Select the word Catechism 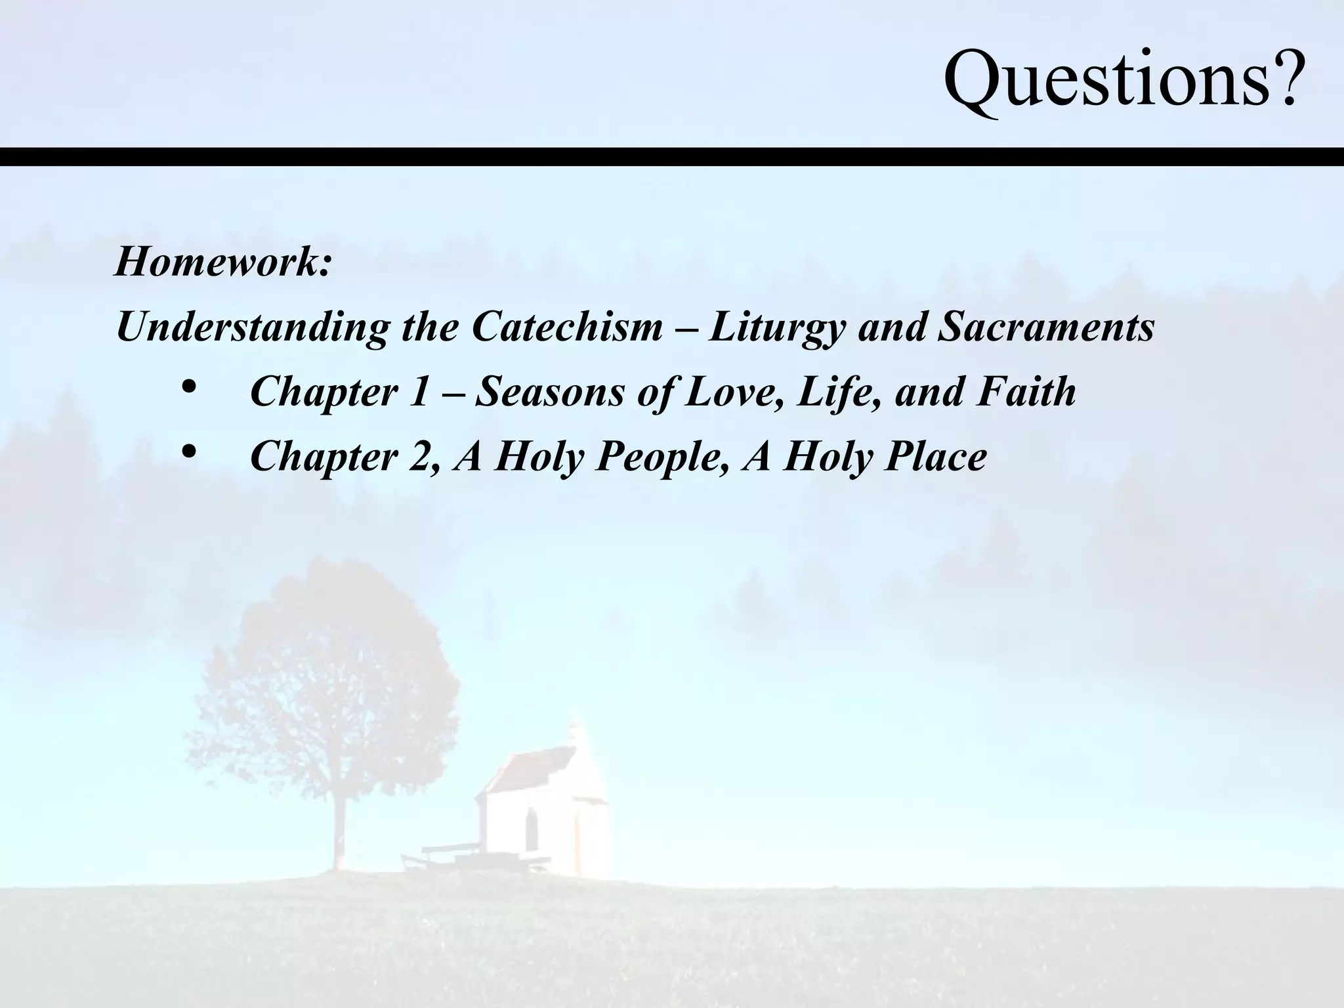click(x=567, y=327)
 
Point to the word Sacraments click(x=1045, y=327)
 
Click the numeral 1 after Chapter click(x=418, y=391)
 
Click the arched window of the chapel click(x=530, y=828)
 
